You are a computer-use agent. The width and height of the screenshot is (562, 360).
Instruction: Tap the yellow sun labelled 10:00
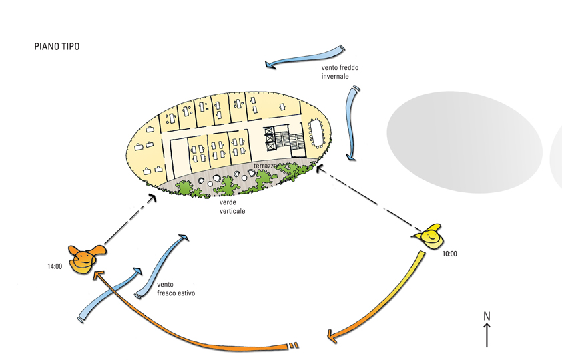click(x=429, y=236)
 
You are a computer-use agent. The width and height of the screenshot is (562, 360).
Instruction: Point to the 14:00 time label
click(x=55, y=266)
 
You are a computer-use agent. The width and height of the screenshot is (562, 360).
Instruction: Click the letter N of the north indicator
click(x=487, y=315)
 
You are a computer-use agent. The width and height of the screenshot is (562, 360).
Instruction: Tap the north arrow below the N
click(x=487, y=334)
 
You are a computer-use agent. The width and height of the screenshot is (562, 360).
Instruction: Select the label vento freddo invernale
click(x=340, y=72)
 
